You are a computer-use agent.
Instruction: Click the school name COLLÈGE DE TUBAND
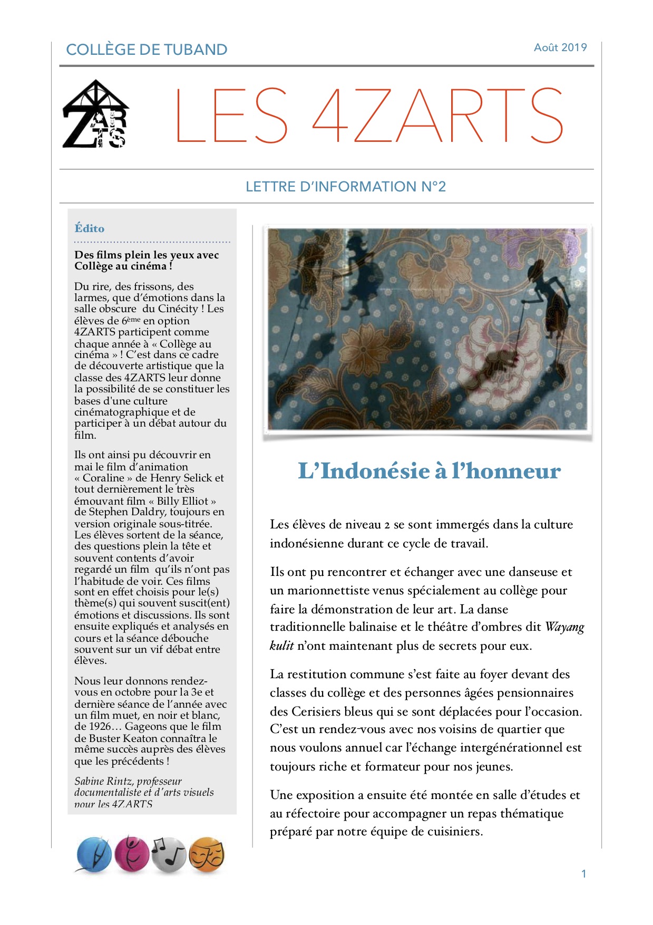pyautogui.click(x=147, y=50)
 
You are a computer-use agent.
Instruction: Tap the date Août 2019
pyautogui.click(x=560, y=47)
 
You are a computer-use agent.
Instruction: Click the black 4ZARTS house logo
pyautogui.click(x=95, y=114)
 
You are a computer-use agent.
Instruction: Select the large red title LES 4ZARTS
pyautogui.click(x=369, y=115)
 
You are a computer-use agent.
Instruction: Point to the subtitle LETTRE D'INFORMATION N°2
pyautogui.click(x=345, y=187)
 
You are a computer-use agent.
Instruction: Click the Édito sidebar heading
pyautogui.click(x=90, y=228)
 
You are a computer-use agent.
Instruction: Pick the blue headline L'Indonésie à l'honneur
pyautogui.click(x=428, y=471)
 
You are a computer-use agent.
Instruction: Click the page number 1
pyautogui.click(x=583, y=874)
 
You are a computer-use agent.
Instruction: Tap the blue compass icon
pyautogui.click(x=94, y=854)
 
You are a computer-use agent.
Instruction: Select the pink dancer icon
pyautogui.click(x=132, y=853)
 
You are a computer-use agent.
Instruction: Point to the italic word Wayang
pyautogui.click(x=564, y=627)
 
